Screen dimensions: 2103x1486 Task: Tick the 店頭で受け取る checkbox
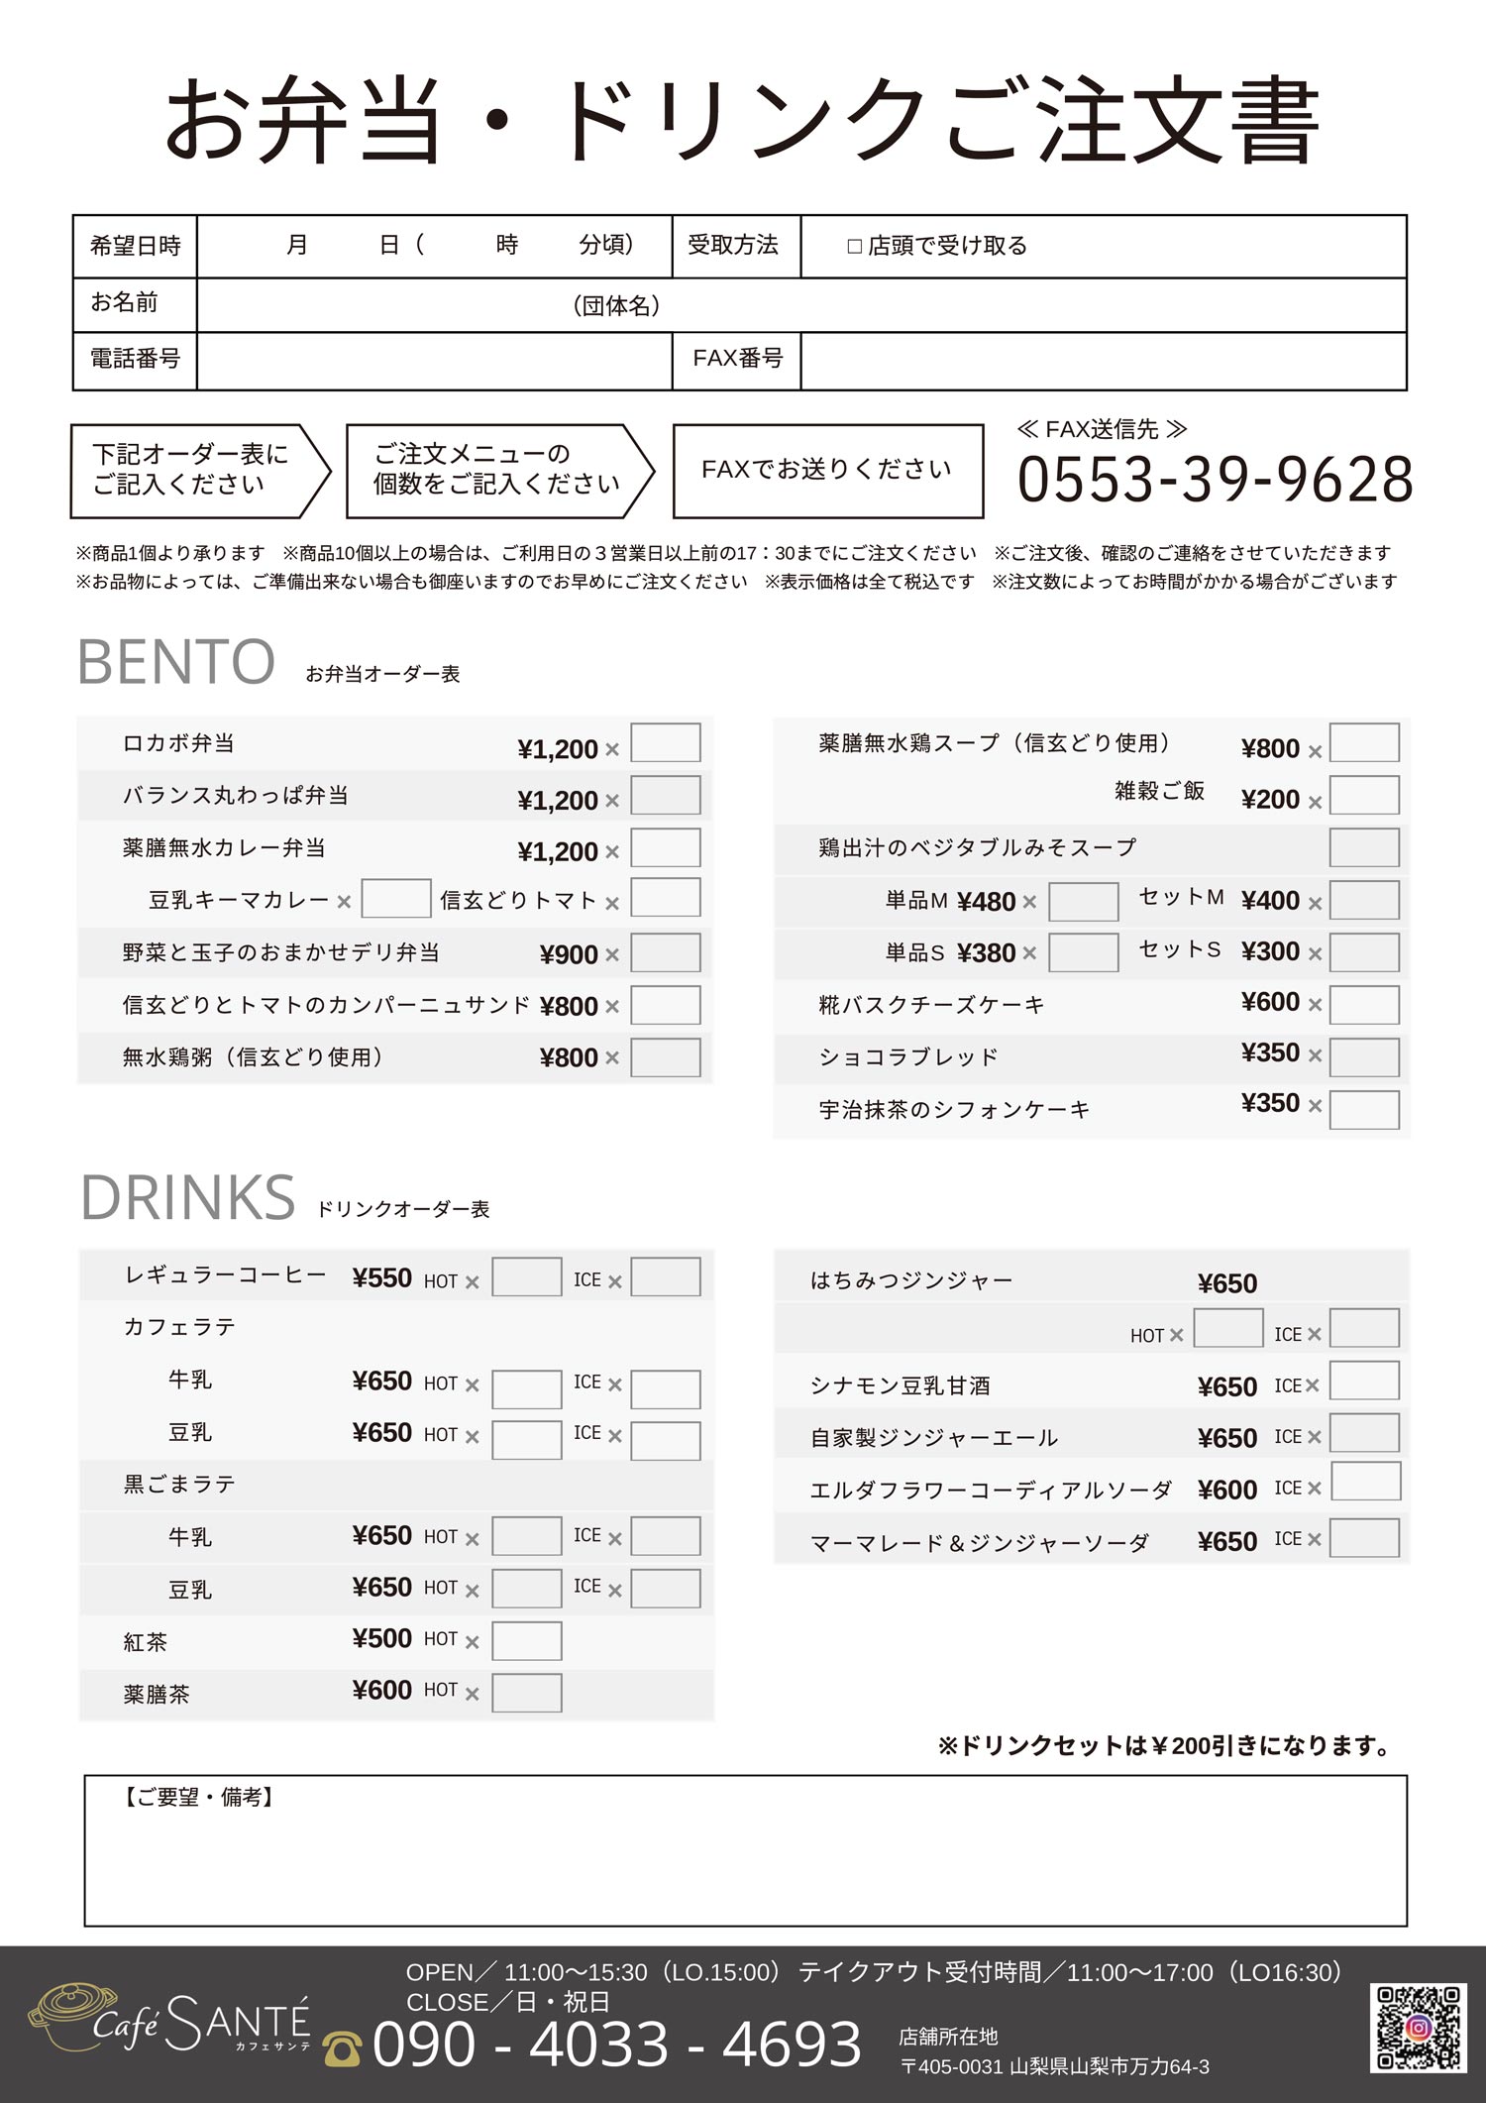tap(855, 247)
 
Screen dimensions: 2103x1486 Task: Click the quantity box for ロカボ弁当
tap(665, 743)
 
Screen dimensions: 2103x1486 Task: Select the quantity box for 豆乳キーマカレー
tap(395, 899)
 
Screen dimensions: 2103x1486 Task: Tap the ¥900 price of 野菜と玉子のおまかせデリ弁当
tap(569, 954)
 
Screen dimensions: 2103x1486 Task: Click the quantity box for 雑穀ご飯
tap(1363, 796)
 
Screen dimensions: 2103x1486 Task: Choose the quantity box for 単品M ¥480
tap(1083, 902)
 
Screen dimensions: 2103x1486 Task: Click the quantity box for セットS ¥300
tap(1363, 952)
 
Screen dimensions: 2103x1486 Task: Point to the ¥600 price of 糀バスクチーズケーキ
tap(1270, 1002)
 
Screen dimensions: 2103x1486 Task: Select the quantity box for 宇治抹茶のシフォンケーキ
tap(1363, 1110)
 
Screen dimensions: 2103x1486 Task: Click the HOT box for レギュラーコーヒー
tap(526, 1277)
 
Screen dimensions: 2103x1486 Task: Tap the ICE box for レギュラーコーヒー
tap(665, 1277)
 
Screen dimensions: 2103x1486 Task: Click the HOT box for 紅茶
tap(526, 1641)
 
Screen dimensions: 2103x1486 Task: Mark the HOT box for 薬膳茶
tap(526, 1693)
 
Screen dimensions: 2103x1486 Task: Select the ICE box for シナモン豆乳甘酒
tap(1363, 1381)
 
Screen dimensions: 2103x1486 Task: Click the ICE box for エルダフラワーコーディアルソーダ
tap(1365, 1483)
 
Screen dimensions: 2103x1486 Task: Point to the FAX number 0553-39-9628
tap(1215, 480)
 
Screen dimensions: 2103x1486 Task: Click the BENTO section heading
tap(176, 662)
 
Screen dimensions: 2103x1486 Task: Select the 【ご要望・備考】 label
tap(198, 1798)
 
